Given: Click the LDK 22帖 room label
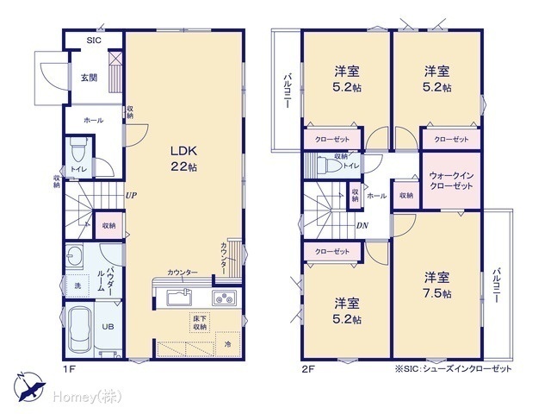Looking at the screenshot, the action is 183,159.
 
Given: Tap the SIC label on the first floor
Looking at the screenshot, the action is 94,41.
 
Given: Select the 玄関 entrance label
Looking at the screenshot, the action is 90,78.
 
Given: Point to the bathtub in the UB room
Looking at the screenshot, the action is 79,329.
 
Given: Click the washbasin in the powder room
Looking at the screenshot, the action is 74,256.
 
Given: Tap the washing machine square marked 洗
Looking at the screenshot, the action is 77,285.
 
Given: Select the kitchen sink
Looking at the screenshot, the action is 178,297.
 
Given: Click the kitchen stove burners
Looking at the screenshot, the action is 225,298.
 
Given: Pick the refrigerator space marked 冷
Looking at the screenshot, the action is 227,344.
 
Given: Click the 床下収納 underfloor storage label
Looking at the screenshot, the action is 200,323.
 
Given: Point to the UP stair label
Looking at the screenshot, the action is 131,196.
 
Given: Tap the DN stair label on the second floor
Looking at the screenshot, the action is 362,225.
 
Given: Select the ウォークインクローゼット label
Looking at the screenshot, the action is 451,180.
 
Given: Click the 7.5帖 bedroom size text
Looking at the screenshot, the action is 437,293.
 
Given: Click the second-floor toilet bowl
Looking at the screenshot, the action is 329,165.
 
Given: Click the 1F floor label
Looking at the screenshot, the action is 69,369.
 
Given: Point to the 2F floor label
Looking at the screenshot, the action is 308,369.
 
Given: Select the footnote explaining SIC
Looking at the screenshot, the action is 454,369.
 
